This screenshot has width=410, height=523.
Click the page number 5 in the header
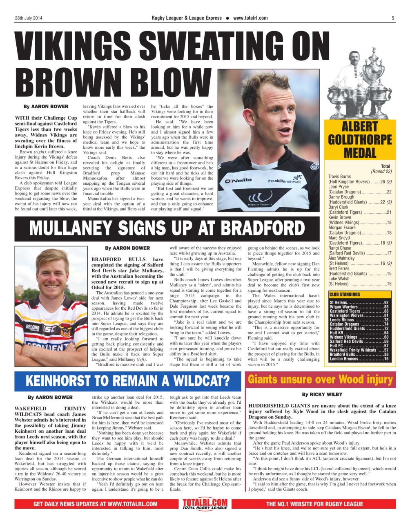tap(392, 18)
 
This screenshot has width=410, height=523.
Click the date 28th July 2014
tap(29, 18)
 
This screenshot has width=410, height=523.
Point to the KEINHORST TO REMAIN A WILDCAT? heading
tap(128, 381)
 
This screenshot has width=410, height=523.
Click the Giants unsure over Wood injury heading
tap(320, 380)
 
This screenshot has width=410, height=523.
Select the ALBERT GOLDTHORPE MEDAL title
tap(359, 140)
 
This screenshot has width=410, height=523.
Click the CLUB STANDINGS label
tap(345, 294)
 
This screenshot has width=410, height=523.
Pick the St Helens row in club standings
tap(359, 302)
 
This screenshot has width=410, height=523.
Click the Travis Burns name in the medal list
tap(340, 177)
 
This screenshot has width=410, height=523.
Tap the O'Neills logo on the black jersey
tap(238, 180)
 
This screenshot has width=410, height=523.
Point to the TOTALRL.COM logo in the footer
tap(205, 503)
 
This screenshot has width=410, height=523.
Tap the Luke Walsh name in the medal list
tap(339, 279)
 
